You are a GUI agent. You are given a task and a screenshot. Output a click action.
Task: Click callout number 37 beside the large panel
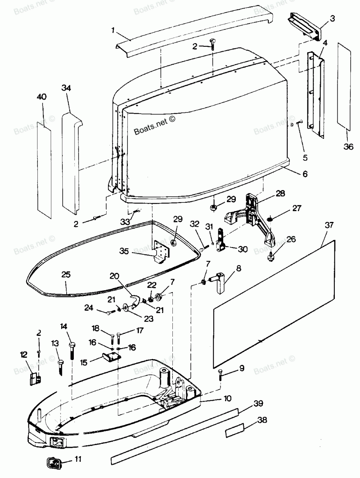[x=329, y=225]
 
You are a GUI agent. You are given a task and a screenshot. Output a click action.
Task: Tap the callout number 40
[x=42, y=96]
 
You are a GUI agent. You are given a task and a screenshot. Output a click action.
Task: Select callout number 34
[x=66, y=88]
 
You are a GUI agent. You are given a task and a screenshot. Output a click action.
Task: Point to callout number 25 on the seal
[x=66, y=274]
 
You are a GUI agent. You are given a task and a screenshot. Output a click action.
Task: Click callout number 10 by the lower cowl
[x=227, y=398]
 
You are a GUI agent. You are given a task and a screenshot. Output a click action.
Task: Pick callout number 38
[x=262, y=420]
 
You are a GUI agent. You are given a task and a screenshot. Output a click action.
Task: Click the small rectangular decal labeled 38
[x=234, y=427]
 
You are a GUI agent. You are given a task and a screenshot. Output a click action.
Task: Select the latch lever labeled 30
[x=221, y=240]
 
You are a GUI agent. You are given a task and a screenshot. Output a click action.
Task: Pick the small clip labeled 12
[x=35, y=379]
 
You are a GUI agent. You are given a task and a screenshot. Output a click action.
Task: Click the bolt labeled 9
[x=220, y=375]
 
